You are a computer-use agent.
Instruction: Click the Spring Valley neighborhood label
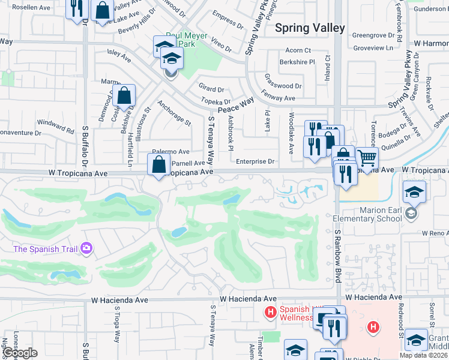point(310,28)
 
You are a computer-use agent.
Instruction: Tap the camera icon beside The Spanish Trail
point(86,248)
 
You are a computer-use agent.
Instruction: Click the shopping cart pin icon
point(367,158)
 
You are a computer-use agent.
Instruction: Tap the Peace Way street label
point(236,107)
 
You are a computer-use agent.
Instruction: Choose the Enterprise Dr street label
point(255,161)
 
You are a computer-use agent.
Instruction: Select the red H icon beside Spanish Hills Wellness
point(271,313)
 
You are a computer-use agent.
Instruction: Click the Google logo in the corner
point(19,353)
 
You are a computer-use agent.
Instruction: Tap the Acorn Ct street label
point(298,50)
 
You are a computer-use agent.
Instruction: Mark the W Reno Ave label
point(435,233)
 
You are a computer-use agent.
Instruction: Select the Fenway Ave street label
point(279,97)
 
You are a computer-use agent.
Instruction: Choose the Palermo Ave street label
point(170,152)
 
